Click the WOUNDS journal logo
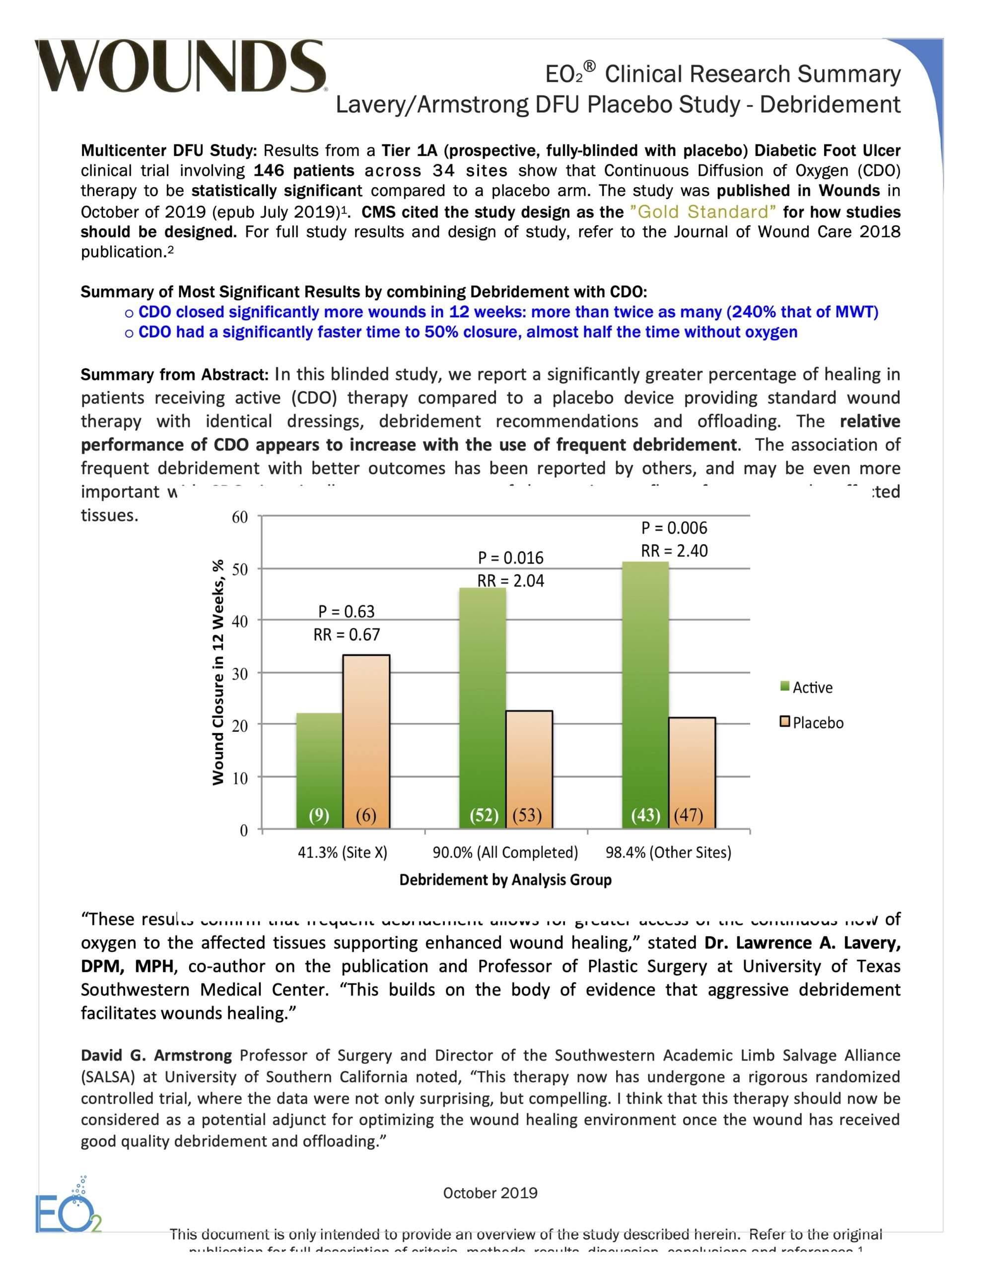click(182, 67)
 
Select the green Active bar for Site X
click(319, 768)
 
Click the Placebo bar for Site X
click(366, 739)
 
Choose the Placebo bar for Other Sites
click(692, 771)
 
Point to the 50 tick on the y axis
click(240, 569)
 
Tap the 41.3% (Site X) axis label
click(342, 852)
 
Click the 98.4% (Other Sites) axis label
click(668, 852)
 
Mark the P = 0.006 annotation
click(674, 528)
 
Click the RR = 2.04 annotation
click(510, 581)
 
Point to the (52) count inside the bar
click(484, 815)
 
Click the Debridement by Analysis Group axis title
click(505, 880)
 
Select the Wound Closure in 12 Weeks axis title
click(218, 672)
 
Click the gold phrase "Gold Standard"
click(702, 212)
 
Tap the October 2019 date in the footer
click(490, 1193)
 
